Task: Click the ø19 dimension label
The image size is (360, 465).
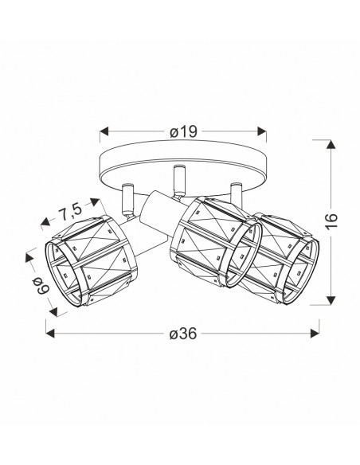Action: pyautogui.click(x=183, y=131)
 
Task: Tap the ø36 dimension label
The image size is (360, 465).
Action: pyautogui.click(x=183, y=334)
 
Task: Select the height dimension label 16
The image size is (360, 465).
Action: pyautogui.click(x=331, y=221)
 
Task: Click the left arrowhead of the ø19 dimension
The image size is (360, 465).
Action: pyautogui.click(x=104, y=131)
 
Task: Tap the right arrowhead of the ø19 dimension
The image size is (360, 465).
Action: pyautogui.click(x=262, y=131)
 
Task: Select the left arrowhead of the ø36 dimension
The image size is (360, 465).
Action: pyautogui.click(x=50, y=333)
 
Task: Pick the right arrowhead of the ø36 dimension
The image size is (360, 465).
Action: pyautogui.click(x=315, y=333)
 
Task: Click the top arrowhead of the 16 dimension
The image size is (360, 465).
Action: pyautogui.click(x=331, y=144)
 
